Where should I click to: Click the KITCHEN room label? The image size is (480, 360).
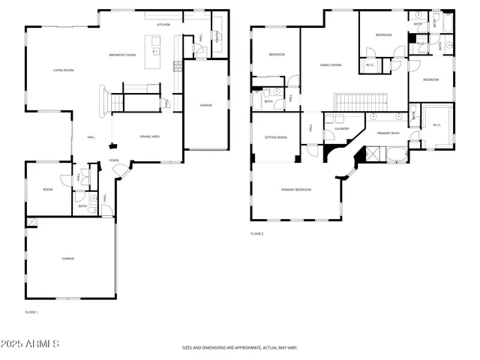pos(163,25)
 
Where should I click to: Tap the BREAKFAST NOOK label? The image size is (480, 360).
pos(121,55)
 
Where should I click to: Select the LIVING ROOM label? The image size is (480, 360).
pos(63,70)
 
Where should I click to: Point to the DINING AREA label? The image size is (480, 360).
pos(150,136)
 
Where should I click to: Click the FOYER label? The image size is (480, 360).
pos(114,160)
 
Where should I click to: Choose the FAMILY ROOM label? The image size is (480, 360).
pos(331,65)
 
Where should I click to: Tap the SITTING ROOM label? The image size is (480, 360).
pos(277,137)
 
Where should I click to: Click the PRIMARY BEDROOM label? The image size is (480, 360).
pos(296,190)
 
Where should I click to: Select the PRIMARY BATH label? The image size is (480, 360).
pos(388,133)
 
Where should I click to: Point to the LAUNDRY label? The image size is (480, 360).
pos(342,129)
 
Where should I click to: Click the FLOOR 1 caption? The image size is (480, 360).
pos(31,311)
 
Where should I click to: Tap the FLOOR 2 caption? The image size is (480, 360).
pos(257,233)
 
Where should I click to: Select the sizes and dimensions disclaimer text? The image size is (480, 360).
pos(240,347)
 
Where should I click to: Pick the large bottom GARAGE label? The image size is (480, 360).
pos(67,258)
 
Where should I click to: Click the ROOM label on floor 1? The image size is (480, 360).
pos(47,190)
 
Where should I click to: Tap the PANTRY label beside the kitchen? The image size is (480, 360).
pos(217,34)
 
